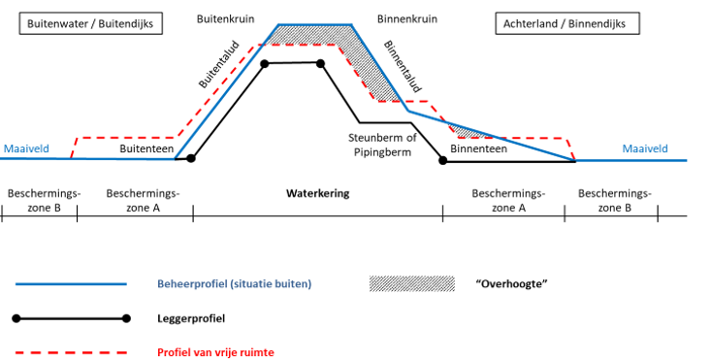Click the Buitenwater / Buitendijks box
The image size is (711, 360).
click(90, 23)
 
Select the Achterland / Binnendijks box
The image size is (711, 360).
click(567, 23)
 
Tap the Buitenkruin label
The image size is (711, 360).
click(225, 19)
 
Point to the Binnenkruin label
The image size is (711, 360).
click(407, 19)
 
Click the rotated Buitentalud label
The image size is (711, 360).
click(219, 65)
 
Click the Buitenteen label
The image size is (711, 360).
click(146, 148)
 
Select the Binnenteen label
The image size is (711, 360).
click(478, 148)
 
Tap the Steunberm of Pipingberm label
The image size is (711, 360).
click(382, 145)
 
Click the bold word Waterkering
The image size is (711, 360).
click(317, 194)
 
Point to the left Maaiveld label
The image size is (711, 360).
click(26, 148)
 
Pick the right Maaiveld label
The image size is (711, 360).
click(645, 148)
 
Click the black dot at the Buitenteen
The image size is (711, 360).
click(191, 158)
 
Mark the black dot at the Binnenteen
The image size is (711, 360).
click(443, 160)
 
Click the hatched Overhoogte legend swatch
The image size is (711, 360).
click(412, 284)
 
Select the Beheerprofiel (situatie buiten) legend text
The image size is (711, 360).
click(235, 284)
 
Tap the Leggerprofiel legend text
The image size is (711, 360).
click(191, 318)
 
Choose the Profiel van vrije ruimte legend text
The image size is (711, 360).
click(215, 352)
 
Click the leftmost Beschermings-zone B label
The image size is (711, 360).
click(44, 201)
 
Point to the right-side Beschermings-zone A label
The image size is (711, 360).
click(508, 201)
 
